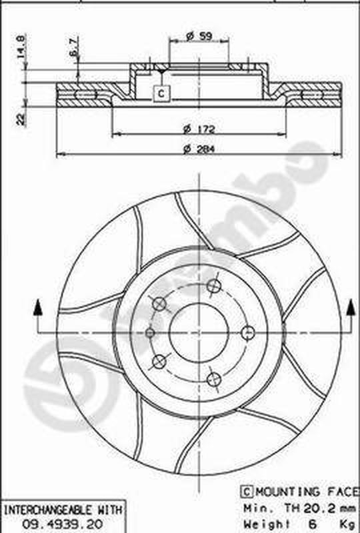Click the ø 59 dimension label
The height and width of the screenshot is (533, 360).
[199, 36]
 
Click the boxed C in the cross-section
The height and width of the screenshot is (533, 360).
[161, 94]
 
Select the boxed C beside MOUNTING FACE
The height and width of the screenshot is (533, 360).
[245, 492]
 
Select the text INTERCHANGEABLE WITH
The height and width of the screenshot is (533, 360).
[63, 510]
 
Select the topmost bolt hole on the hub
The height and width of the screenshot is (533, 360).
[213, 286]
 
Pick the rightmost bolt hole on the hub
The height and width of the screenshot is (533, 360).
[247, 333]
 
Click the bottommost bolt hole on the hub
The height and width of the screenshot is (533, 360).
[213, 380]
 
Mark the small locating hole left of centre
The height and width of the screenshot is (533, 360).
[151, 332]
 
